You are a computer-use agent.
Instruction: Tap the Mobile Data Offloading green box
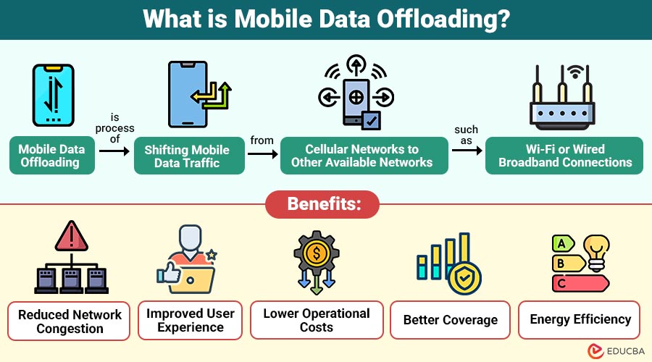coord(52,155)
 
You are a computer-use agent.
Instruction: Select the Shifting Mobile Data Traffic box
coord(189,156)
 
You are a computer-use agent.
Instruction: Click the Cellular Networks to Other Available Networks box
coord(364,156)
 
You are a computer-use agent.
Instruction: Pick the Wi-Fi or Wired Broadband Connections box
coord(564,156)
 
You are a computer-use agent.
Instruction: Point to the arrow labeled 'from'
coord(263,154)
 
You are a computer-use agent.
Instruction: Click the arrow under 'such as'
coord(467,150)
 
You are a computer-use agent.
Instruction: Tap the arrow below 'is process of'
coord(114,151)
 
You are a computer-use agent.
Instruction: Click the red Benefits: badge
coord(322,204)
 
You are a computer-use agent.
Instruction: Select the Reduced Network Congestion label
coord(69,321)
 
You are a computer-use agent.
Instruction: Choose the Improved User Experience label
coord(190,320)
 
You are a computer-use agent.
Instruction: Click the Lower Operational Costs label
coord(317,320)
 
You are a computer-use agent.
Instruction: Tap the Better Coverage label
coord(450,320)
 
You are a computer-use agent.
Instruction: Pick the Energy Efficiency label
coord(579,319)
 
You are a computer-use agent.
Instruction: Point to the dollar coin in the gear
coord(317,253)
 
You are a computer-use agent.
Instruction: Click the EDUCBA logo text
coord(626,351)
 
